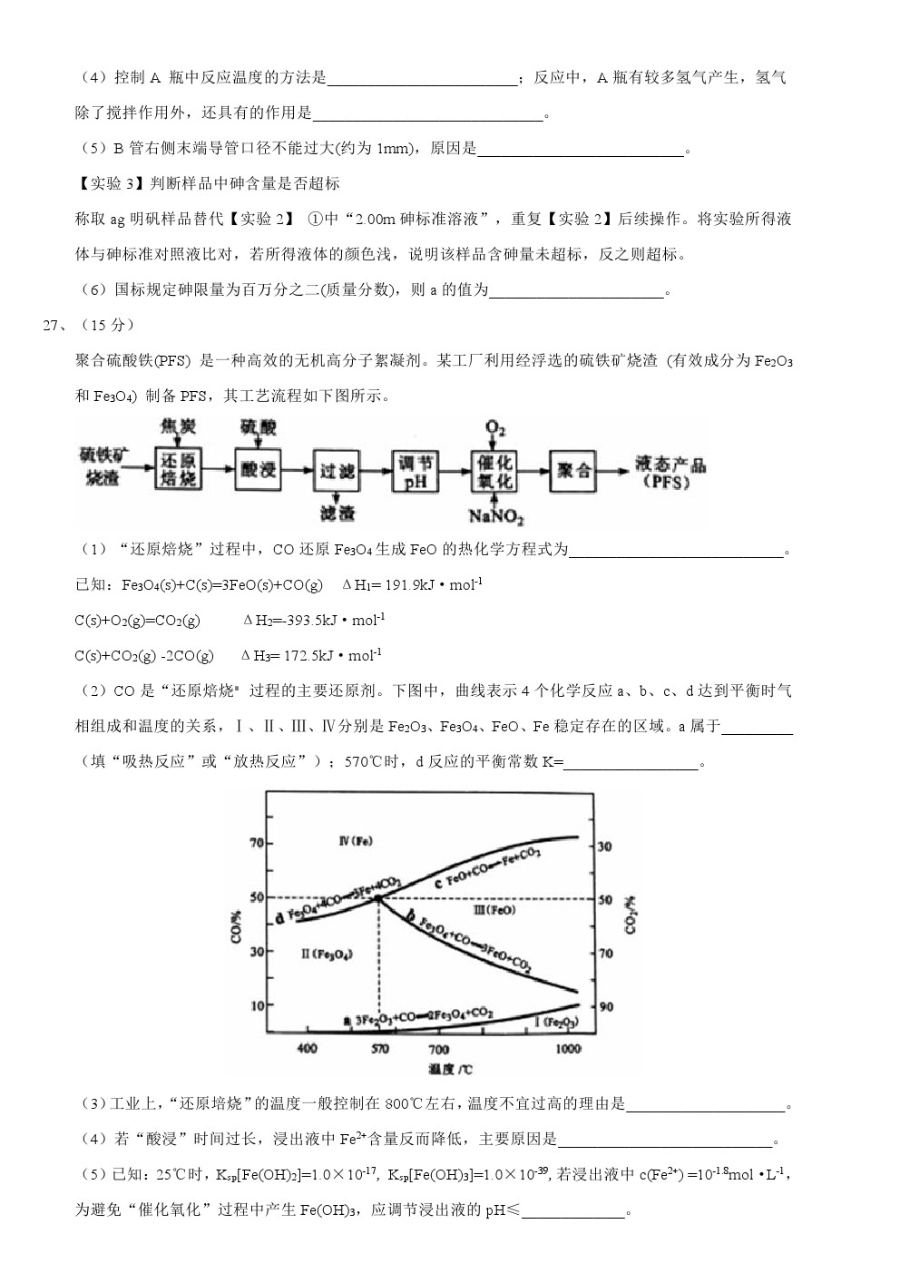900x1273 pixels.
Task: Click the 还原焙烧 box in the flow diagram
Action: pos(178,469)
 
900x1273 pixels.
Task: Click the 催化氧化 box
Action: pos(494,471)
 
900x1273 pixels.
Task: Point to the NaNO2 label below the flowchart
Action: pos(495,516)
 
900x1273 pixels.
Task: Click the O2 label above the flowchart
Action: pos(495,426)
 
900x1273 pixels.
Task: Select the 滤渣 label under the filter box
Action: pos(337,514)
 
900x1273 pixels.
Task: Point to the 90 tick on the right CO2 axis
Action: pos(605,1007)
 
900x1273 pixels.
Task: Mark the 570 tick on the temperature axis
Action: pos(379,1048)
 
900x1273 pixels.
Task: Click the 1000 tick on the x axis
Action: pos(568,1048)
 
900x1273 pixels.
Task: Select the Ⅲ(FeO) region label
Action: pos(494,909)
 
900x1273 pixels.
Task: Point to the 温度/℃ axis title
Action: pos(451,1070)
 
